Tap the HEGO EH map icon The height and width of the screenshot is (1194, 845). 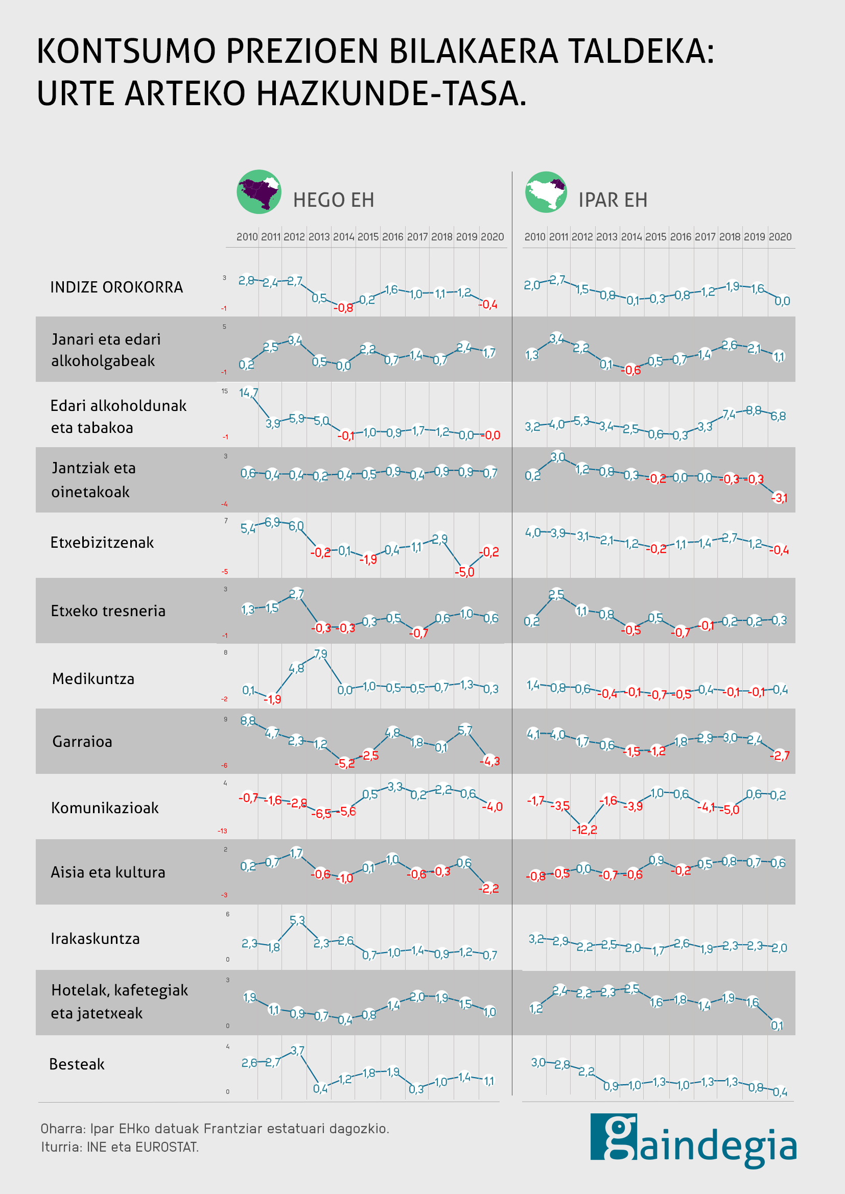point(259,192)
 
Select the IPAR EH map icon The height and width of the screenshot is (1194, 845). point(546,192)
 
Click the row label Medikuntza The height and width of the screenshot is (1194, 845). point(93,678)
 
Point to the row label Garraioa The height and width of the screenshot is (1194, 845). point(82,741)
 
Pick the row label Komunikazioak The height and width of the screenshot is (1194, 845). point(105,808)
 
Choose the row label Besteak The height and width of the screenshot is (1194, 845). point(77,1064)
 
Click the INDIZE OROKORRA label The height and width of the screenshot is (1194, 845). point(116,287)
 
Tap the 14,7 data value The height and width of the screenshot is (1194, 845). point(249,393)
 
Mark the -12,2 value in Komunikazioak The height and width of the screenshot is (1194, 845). point(584,830)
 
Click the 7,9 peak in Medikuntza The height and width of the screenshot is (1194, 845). point(320,654)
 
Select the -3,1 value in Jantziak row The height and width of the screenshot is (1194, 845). point(779,498)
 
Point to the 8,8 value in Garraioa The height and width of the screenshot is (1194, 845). point(248,721)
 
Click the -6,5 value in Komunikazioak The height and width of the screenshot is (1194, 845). point(321,814)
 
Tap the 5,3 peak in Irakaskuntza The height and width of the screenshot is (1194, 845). point(297,920)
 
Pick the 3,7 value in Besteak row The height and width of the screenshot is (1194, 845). point(297,1051)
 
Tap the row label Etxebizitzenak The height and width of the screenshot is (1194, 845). point(102,543)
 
